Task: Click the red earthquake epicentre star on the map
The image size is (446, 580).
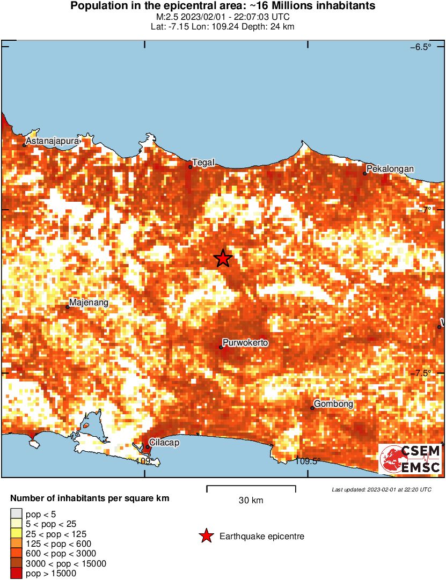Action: [x=223, y=259]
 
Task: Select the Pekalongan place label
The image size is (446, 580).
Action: [x=390, y=169]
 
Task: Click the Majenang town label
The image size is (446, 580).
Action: [x=89, y=303]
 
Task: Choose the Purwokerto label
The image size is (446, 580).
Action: [x=245, y=343]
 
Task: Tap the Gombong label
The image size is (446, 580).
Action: [x=333, y=404]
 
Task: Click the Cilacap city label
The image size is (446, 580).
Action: [x=164, y=443]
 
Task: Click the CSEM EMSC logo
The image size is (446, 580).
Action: [x=411, y=459]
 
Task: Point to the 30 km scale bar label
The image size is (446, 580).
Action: [x=251, y=501]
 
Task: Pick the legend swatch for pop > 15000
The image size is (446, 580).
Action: [x=16, y=574]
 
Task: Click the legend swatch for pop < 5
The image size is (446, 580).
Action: [x=16, y=514]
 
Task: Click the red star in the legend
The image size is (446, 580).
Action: [x=206, y=536]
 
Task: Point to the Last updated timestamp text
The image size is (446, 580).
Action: [x=381, y=489]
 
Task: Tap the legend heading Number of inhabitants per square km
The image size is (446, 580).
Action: [x=90, y=498]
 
